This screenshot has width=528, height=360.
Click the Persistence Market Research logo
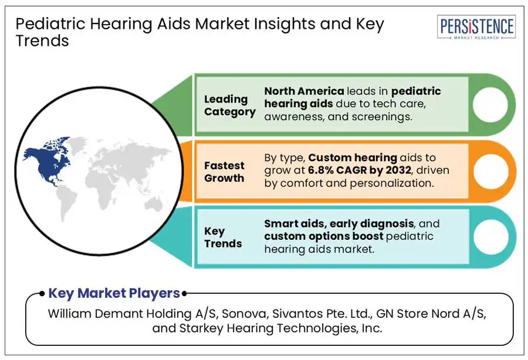pos(476,27)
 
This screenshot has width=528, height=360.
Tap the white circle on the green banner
pos(490,104)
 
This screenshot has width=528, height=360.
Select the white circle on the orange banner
pos(491,171)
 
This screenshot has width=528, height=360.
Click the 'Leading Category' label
pos(229,106)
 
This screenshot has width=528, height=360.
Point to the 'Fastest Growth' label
pos(224,172)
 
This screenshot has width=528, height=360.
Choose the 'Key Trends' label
pos(223,237)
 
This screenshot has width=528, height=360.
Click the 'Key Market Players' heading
pos(114,293)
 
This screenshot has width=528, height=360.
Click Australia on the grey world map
pos(154,204)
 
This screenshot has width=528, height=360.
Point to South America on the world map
pos(66,203)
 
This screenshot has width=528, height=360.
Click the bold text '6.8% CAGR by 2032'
pos(359,170)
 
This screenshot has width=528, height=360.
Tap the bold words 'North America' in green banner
pos(304,91)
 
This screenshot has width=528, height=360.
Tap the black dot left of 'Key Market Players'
pos(42,294)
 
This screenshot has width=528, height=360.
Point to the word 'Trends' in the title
pos(42,41)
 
